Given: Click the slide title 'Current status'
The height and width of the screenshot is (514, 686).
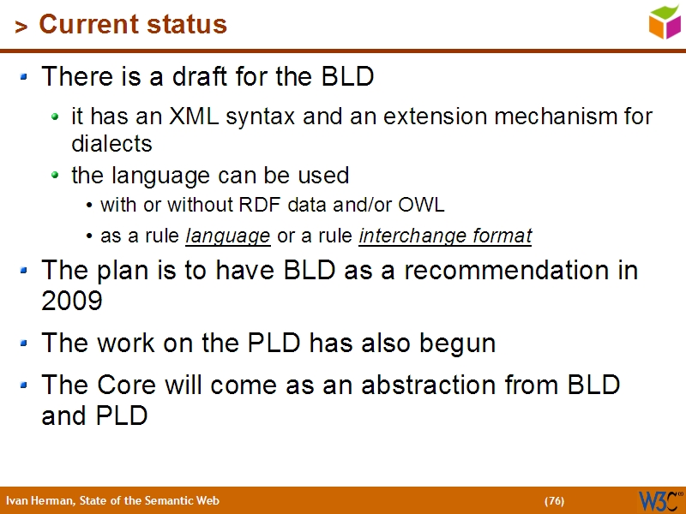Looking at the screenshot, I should tap(133, 25).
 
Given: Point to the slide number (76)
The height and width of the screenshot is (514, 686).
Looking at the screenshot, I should tap(554, 501).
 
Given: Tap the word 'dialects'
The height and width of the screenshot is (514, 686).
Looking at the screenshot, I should tap(111, 143).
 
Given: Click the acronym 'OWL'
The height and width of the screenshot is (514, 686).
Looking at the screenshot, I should tap(425, 206).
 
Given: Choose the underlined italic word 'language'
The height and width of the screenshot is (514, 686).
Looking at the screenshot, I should tap(228, 236).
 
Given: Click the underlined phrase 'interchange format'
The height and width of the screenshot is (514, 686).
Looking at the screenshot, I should tap(445, 236).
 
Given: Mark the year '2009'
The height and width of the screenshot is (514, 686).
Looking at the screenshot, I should tap(72, 301).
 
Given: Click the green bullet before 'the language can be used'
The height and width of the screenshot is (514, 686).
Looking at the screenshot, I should tap(56, 176).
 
